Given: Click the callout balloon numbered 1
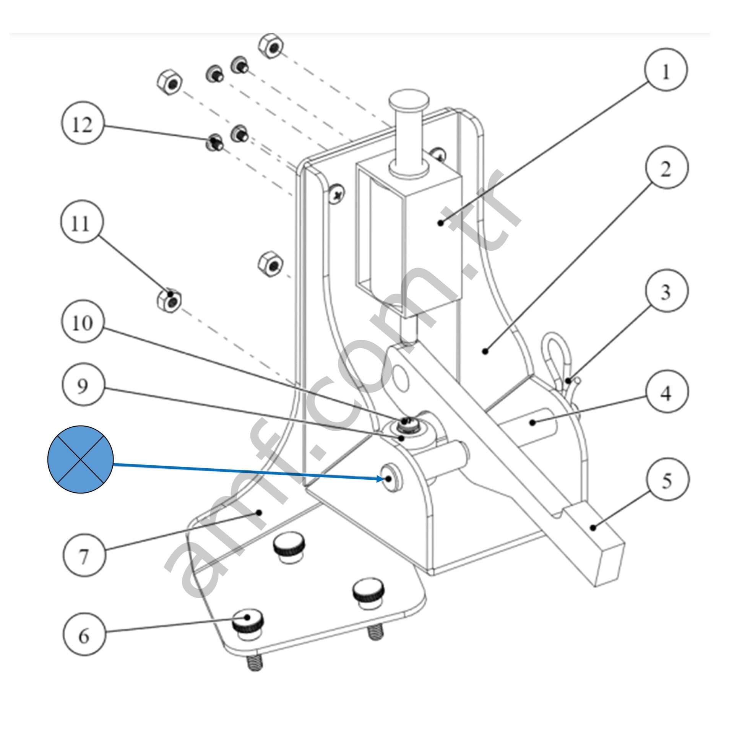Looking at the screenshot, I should pos(666,70).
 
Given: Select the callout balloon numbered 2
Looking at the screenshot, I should pos(666,167).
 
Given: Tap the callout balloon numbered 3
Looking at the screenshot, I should pos(666,292).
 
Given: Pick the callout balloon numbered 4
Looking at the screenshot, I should pos(666,391).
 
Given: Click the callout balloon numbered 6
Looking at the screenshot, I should pos(84,635).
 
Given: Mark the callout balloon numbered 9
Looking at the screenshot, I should pos(82,386).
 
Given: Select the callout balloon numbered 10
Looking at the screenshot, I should pos(82,323).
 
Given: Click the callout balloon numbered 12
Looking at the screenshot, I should pos(82,125).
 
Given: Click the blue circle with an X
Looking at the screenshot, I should pos(80,459).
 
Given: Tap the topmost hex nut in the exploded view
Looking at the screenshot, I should pos(271,46).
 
